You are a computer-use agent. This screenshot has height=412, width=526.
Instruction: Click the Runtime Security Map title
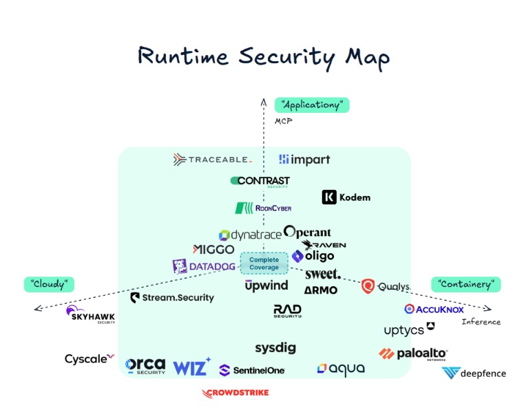pyautogui.click(x=263, y=56)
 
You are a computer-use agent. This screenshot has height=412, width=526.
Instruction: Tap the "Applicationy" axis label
pyautogui.click(x=312, y=105)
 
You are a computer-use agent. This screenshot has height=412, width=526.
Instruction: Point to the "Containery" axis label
pyautogui.click(x=465, y=283)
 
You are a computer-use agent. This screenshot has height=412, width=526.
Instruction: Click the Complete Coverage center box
pyautogui.click(x=264, y=263)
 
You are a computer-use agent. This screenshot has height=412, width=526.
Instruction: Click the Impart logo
pyautogui.click(x=304, y=160)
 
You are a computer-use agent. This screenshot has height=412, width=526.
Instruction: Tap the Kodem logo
pyautogui.click(x=346, y=197)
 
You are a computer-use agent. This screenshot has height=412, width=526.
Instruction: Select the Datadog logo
pyautogui.click(x=204, y=266)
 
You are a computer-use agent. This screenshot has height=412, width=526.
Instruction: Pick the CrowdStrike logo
pyautogui.click(x=235, y=393)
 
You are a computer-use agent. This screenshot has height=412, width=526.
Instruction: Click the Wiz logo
pyautogui.click(x=191, y=367)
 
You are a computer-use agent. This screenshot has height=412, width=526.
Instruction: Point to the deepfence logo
pyautogui.click(x=474, y=373)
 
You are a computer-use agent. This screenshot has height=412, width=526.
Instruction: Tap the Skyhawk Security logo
pyautogui.click(x=90, y=314)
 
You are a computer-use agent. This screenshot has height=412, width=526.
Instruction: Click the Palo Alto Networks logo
pyautogui.click(x=413, y=354)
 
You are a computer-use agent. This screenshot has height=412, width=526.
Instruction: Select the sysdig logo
pyautogui.click(x=275, y=348)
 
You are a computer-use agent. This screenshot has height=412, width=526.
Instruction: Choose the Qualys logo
pyautogui.click(x=386, y=287)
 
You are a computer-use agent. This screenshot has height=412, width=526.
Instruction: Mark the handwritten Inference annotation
pyautogui.click(x=481, y=322)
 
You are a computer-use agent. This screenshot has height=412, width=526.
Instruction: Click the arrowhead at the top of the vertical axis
pyautogui.click(x=263, y=102)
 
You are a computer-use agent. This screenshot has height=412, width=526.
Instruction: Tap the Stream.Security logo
pyautogui.click(x=172, y=298)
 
